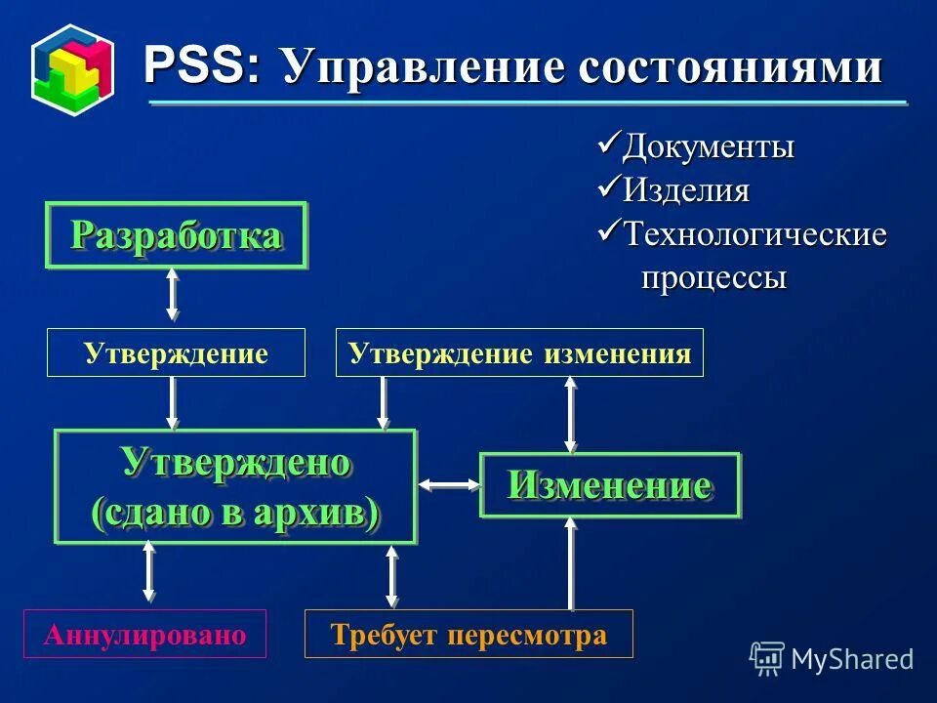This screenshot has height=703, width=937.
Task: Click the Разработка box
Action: point(177,235)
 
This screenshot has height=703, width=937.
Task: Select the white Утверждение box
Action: point(176,352)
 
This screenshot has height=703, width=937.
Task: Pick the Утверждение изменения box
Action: point(519,352)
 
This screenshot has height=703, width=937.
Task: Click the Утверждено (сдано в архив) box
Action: point(235,486)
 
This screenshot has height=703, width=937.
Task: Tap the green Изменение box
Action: point(609,485)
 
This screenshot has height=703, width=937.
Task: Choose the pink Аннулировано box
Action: point(144,635)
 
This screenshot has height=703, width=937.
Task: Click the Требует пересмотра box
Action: point(468,635)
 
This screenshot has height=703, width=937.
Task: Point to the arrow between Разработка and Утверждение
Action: point(173,294)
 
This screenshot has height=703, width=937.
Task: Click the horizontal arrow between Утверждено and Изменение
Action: point(448,484)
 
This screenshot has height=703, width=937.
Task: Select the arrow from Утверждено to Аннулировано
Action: point(149,571)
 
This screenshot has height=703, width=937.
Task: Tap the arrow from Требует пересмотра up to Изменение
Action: point(572,564)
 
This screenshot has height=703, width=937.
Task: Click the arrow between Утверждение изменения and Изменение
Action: point(571,414)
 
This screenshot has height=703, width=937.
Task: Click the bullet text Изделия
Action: point(686,189)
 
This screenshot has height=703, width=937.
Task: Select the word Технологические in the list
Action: point(754,234)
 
